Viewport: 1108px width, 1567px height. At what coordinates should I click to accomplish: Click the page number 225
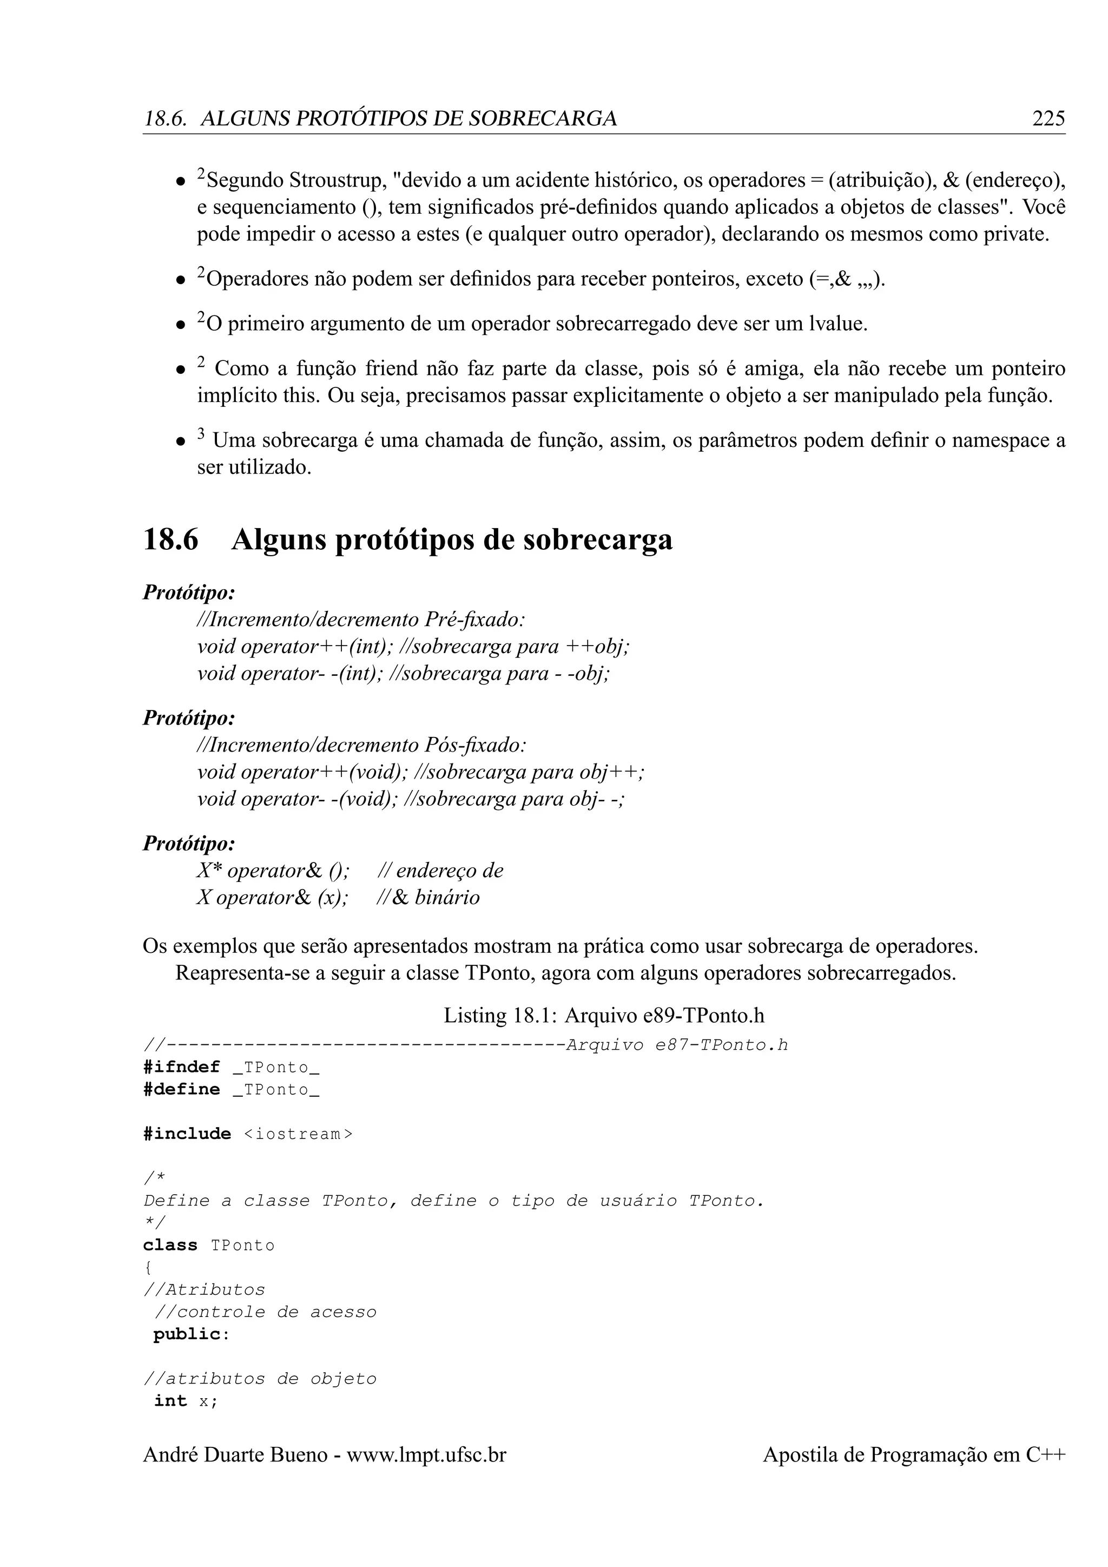(x=1048, y=118)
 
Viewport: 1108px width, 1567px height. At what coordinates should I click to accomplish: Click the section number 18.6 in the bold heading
(x=170, y=540)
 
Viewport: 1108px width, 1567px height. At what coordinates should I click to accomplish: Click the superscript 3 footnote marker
(x=201, y=434)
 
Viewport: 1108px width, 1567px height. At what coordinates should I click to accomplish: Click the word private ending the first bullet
(x=1013, y=234)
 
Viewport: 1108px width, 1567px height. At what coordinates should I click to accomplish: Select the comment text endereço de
(x=449, y=870)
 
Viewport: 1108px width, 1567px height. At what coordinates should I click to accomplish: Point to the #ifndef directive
(x=181, y=1066)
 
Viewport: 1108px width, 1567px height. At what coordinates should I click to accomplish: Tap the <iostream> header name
(x=298, y=1134)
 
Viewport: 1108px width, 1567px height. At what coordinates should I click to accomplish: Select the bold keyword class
(x=170, y=1245)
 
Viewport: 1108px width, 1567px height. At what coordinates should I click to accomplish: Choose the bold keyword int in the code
(x=170, y=1400)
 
